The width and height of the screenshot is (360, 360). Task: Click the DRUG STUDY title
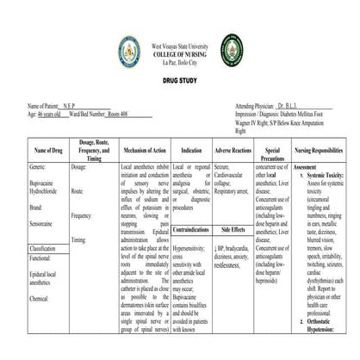[179, 77]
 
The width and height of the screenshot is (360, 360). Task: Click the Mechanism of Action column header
[146, 150]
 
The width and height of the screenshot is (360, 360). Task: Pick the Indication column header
[190, 150]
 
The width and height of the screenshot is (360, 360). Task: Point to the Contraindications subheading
[190, 231]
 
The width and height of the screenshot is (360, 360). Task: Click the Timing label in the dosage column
[79, 239]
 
